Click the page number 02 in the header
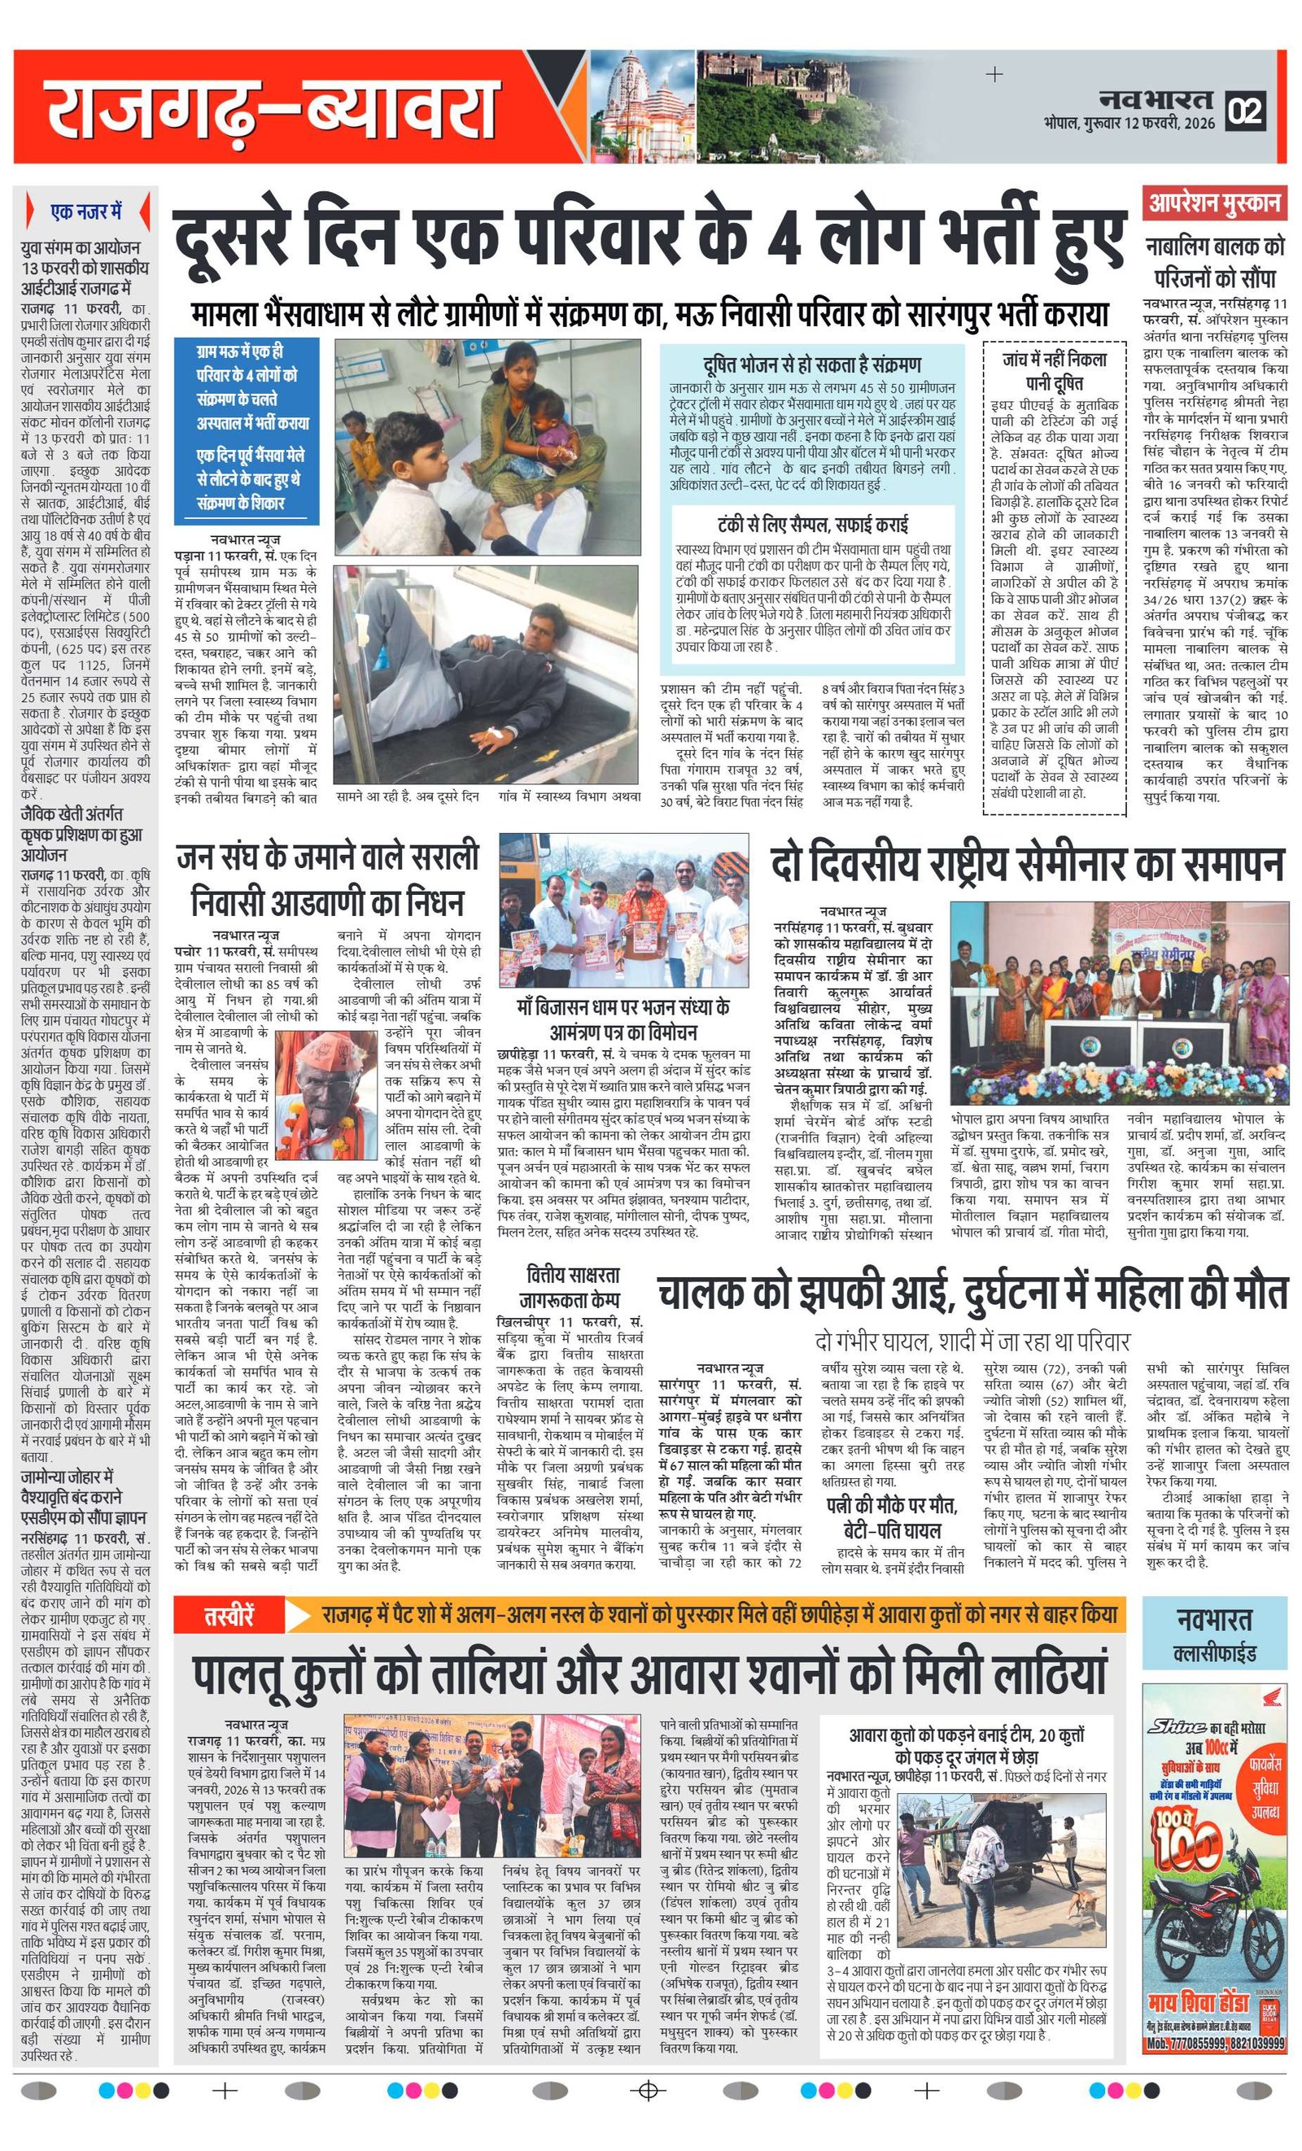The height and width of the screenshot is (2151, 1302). tap(1245, 111)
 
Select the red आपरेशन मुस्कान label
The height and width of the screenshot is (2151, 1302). tap(1214, 203)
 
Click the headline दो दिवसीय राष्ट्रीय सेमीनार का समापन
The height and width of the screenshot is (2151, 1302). tap(1028, 866)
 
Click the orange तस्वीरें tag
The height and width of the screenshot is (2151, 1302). tap(229, 1616)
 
